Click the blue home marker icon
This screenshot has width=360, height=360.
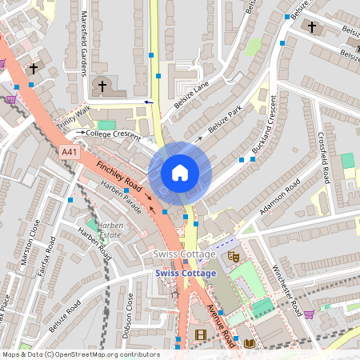[180, 173]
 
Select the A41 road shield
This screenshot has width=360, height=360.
[70, 151]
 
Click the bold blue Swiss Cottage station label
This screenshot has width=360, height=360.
[186, 274]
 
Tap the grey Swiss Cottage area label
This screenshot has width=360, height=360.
[184, 254]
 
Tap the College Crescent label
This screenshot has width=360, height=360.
[113, 134]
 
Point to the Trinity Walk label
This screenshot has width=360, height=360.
[74, 120]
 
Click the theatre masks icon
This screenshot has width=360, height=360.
[234, 257]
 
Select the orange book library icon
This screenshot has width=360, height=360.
[250, 343]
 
